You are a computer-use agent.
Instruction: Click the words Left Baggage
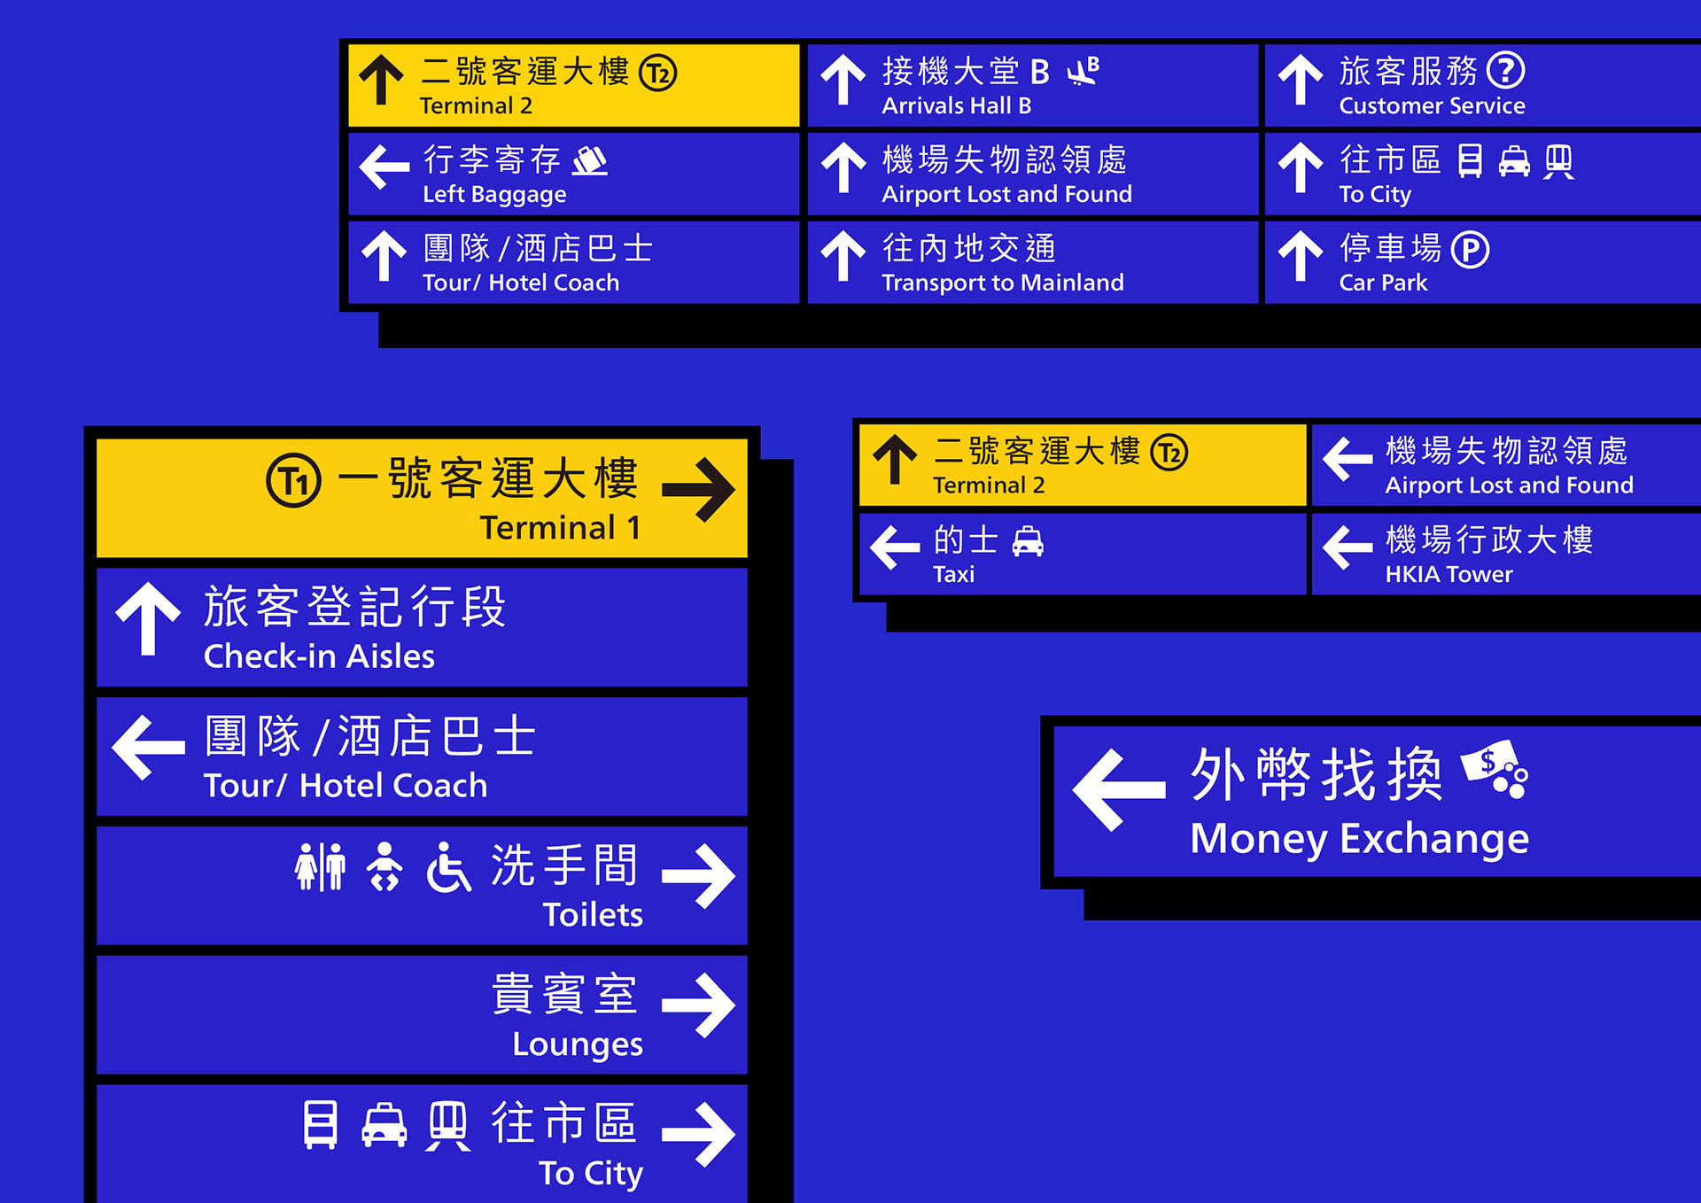coord(493,194)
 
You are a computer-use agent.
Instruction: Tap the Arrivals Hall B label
coord(956,105)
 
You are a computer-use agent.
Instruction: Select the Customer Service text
coord(1432,105)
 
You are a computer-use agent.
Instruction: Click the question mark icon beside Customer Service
coord(1505,71)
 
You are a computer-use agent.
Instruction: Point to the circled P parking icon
coord(1470,250)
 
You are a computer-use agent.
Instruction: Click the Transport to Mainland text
coord(1002,283)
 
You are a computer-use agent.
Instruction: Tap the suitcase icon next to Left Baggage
coord(590,160)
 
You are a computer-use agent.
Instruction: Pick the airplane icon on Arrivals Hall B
coord(1083,71)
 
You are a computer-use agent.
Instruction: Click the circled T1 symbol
coord(293,480)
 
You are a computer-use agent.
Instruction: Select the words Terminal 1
coord(560,528)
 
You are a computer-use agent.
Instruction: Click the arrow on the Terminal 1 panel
coord(698,489)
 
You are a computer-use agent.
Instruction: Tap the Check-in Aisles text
coord(319,656)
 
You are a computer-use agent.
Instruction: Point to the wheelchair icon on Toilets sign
coord(448,866)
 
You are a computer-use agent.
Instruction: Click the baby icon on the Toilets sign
coord(384,866)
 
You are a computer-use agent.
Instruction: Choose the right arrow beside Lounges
coord(698,1005)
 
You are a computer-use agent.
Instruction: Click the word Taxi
coord(953,574)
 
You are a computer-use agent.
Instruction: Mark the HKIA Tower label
coord(1449,574)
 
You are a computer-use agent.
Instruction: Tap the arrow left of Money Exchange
coord(1118,788)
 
